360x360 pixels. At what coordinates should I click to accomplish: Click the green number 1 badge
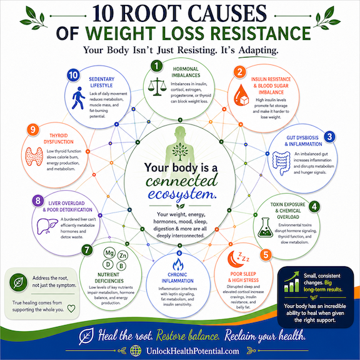click(x=157, y=66)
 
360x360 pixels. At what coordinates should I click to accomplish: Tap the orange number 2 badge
click(x=240, y=72)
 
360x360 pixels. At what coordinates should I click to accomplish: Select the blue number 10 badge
click(x=74, y=75)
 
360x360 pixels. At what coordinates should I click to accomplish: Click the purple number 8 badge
click(x=38, y=201)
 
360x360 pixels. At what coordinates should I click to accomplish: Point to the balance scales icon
click(x=157, y=86)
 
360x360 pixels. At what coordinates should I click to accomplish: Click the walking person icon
click(x=78, y=98)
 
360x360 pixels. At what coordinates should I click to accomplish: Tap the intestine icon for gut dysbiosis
click(x=281, y=163)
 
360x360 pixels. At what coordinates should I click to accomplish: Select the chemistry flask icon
click(x=266, y=227)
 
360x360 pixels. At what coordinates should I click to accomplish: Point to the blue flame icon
click(x=178, y=264)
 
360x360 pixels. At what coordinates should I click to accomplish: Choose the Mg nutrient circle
click(x=109, y=253)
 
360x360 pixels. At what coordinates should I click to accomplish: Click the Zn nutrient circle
click(x=123, y=256)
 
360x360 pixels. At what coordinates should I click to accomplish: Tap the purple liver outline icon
click(x=47, y=226)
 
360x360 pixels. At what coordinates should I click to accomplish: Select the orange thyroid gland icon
click(x=34, y=156)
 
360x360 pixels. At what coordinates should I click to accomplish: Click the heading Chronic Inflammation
click(x=177, y=277)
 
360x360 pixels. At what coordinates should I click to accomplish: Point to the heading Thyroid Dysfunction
click(x=59, y=139)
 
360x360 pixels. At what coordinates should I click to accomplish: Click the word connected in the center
click(x=182, y=181)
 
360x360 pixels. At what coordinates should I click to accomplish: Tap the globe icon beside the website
click(x=136, y=351)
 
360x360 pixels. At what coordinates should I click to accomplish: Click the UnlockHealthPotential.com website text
click(x=192, y=351)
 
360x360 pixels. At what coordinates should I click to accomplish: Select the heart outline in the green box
click(x=71, y=308)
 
